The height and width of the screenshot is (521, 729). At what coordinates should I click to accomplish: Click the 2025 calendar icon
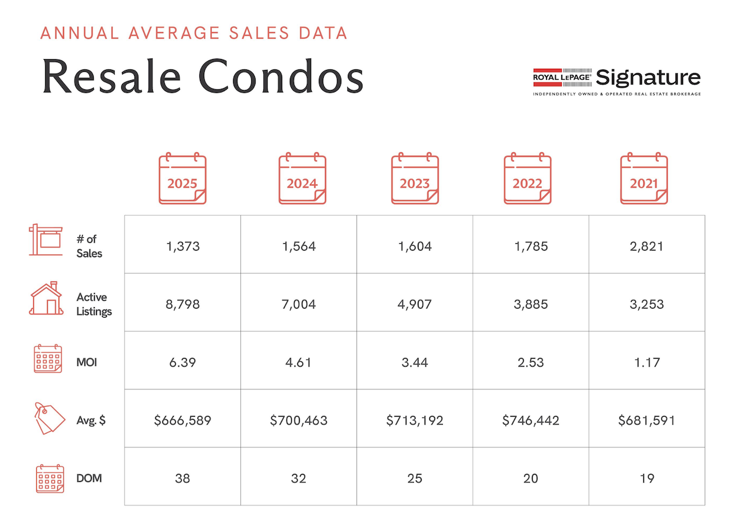(x=182, y=179)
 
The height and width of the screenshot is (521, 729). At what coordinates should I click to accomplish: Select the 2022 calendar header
(x=527, y=179)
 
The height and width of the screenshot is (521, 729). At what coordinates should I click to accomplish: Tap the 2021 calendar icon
(x=644, y=179)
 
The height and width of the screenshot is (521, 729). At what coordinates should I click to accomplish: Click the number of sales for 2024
(x=298, y=246)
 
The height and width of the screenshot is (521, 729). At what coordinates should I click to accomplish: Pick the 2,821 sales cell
(x=646, y=246)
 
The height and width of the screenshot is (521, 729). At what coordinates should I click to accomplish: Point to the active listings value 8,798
(x=182, y=304)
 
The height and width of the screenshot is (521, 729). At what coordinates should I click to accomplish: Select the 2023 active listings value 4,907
(x=414, y=304)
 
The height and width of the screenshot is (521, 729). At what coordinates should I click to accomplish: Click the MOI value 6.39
(x=182, y=362)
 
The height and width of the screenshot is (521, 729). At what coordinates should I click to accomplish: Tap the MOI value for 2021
(x=646, y=362)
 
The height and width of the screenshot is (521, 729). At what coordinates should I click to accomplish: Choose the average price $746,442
(x=530, y=420)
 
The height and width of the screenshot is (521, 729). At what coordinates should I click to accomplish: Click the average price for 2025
(x=182, y=420)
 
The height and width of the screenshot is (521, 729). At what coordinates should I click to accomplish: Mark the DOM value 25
(x=414, y=478)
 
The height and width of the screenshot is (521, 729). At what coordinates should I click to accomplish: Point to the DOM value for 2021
(x=646, y=478)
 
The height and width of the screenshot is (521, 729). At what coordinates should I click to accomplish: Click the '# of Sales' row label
(x=89, y=246)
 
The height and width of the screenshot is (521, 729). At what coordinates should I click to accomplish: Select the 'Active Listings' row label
(x=94, y=304)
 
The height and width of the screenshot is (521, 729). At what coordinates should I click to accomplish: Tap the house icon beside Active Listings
(x=46, y=298)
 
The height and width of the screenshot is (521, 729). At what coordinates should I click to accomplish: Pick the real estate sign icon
(x=45, y=240)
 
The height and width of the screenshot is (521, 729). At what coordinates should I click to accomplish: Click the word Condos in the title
(x=281, y=77)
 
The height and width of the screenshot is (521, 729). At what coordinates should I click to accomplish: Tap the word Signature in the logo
(x=647, y=78)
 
